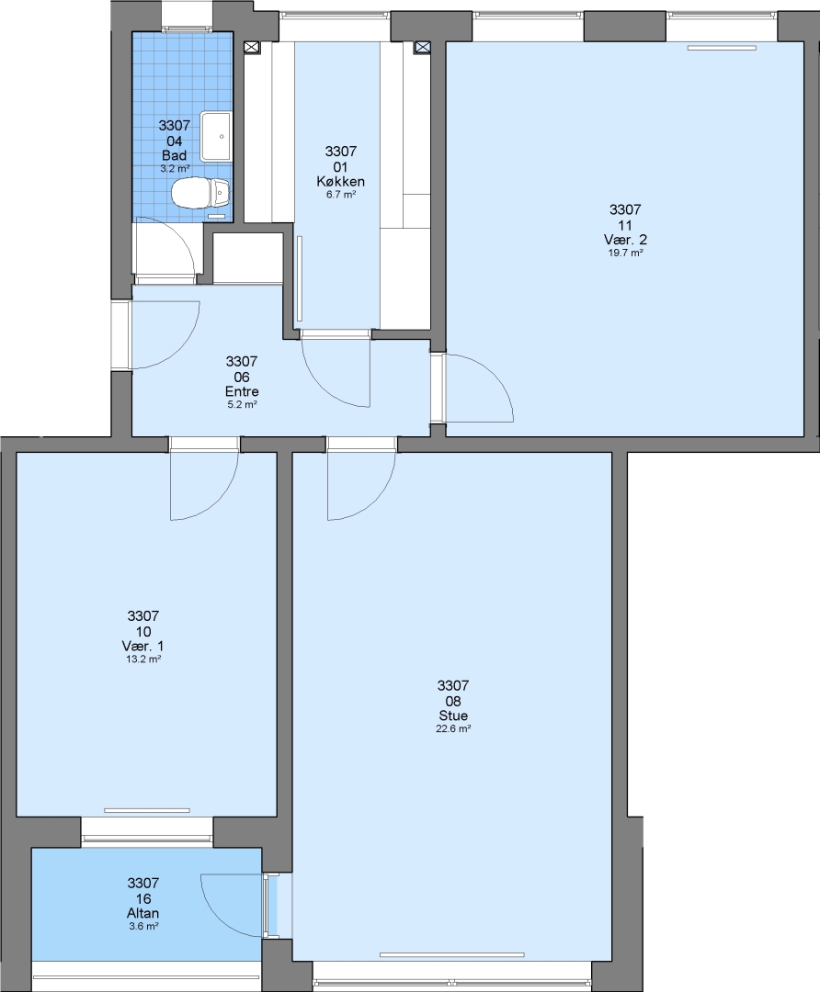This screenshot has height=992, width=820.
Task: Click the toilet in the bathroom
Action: pos(200,193)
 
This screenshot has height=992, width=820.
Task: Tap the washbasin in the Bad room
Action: pos(216,136)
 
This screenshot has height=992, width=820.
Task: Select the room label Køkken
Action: pos(341,182)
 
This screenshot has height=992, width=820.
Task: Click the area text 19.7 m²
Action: pos(626,254)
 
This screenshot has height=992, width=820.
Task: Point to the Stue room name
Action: pos(453,716)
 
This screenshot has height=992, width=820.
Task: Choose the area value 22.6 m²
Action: pos(453,728)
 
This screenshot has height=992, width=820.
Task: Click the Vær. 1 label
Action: pos(143,646)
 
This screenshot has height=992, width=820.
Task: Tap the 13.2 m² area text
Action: pos(143,659)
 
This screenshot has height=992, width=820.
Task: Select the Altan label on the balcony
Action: pos(143,913)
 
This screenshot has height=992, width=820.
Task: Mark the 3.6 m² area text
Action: pos(143,926)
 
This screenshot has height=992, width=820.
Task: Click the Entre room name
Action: pos(242,391)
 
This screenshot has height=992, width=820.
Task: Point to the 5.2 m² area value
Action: pos(242,405)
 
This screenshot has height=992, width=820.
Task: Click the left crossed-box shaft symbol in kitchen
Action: pos(251,47)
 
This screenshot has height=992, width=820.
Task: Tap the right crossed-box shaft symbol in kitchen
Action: pos(422,47)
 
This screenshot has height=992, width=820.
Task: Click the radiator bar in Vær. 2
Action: pos(723,48)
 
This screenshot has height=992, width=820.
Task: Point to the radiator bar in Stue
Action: pos(452,955)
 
